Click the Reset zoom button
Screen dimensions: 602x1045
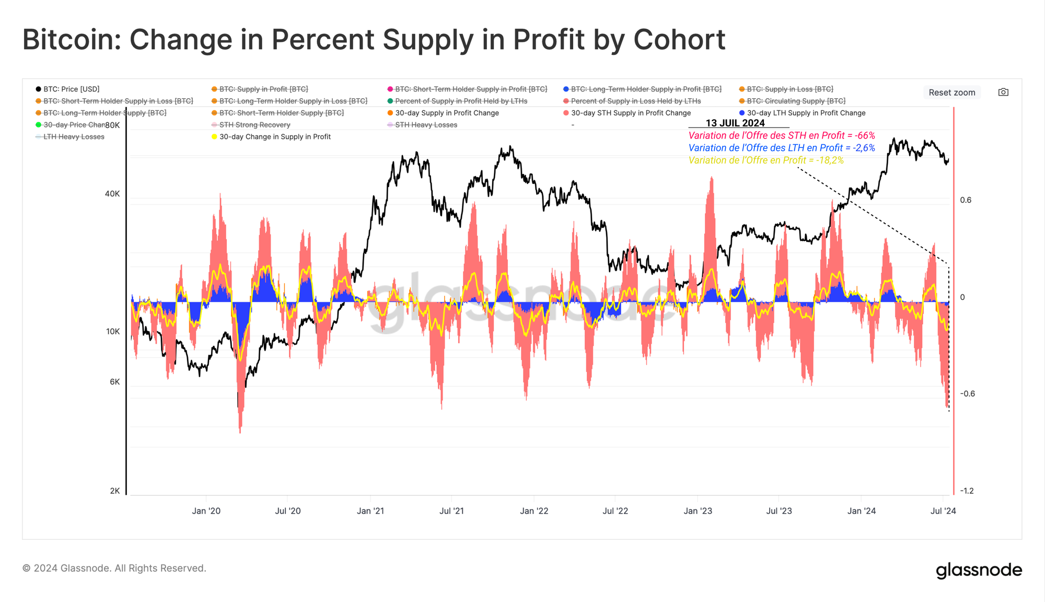pos(951,92)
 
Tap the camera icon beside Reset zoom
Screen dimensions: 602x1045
pos(1003,92)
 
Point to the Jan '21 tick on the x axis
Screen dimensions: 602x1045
pos(370,511)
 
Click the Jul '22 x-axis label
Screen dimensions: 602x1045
pos(615,511)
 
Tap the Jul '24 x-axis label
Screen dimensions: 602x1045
pos(943,511)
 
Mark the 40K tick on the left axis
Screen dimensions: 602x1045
pos(112,194)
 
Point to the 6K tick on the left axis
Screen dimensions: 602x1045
pos(115,382)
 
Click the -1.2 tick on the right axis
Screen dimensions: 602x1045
pos(967,491)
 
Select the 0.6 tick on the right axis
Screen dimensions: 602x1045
pos(966,200)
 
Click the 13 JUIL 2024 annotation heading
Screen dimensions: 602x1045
pos(735,123)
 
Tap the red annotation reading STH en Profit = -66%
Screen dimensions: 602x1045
pos(782,136)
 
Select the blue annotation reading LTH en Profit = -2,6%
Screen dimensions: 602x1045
pos(782,148)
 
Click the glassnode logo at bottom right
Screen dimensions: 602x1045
pos(979,570)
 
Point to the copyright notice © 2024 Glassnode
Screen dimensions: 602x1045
pos(114,568)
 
